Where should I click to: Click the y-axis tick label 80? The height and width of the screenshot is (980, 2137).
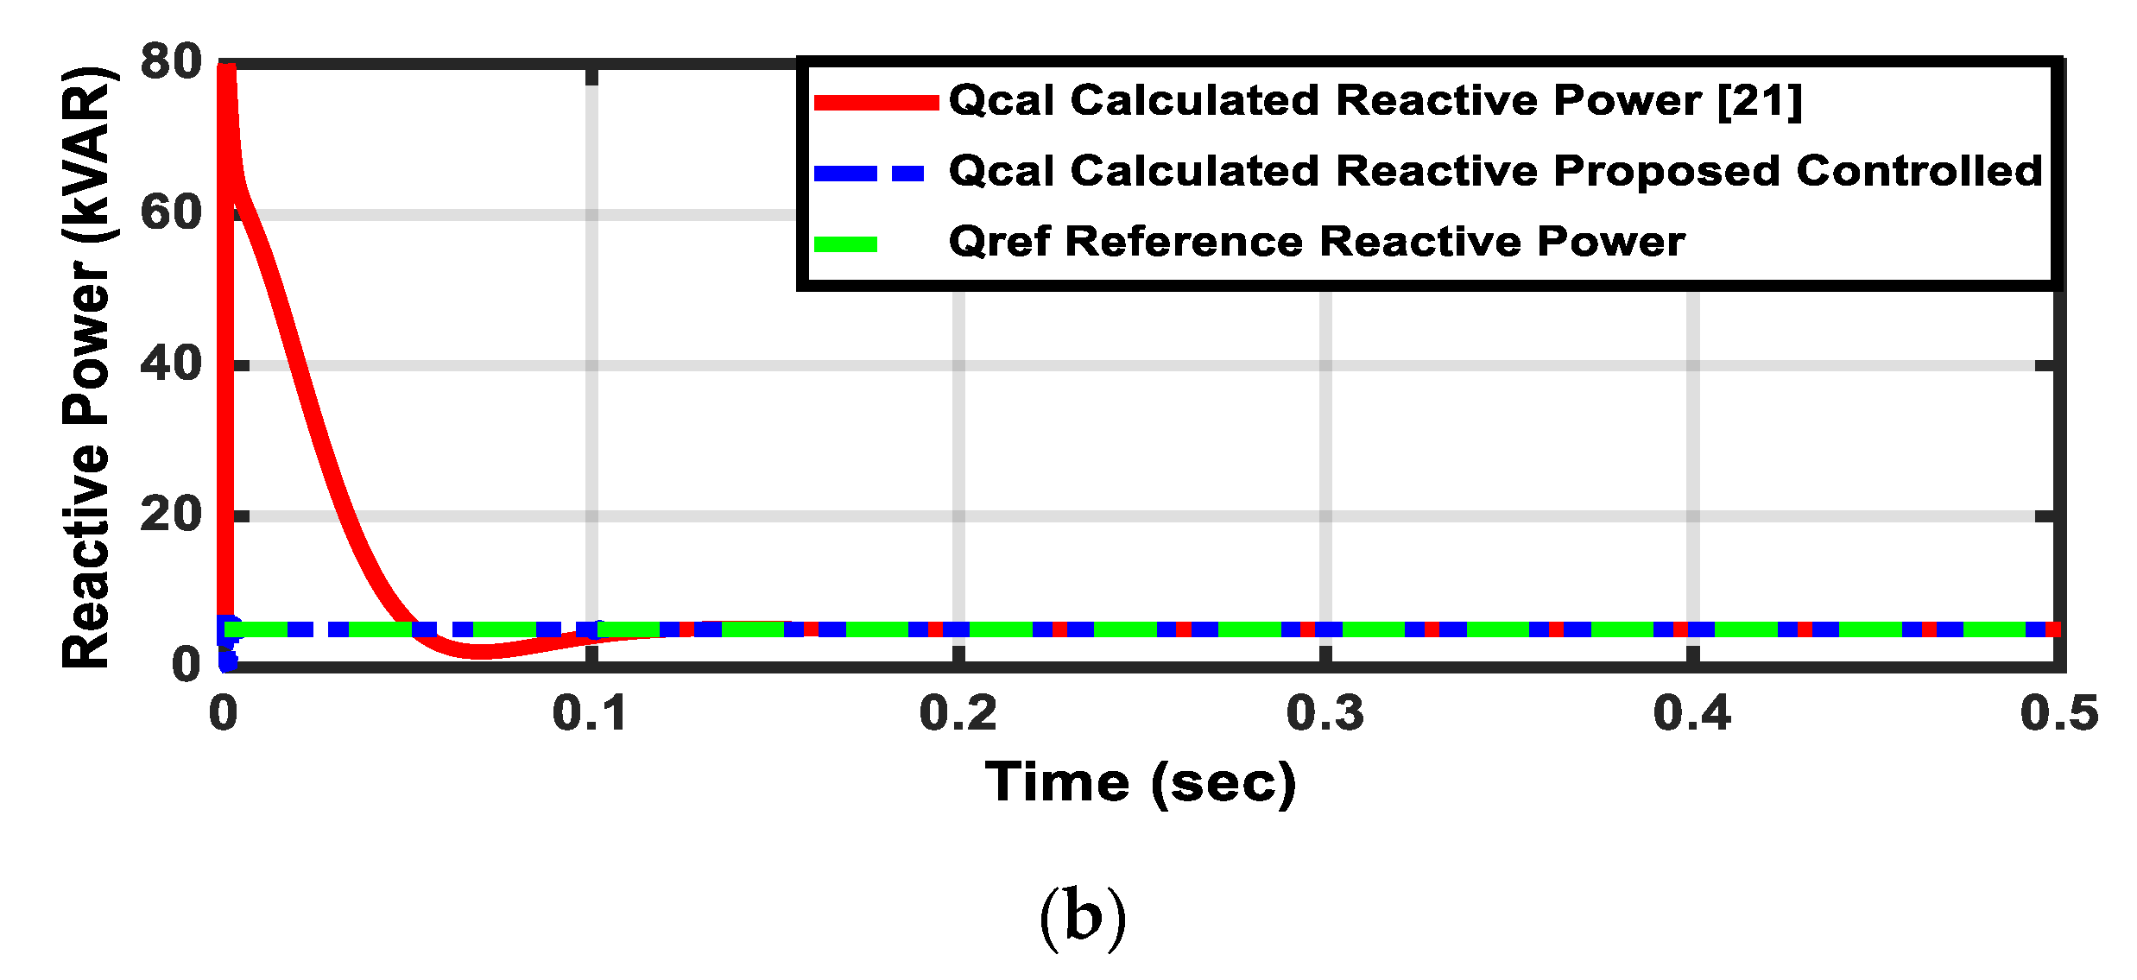(x=171, y=62)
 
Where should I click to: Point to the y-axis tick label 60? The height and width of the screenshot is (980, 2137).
(x=171, y=212)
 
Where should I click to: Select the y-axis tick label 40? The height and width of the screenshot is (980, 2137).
(x=171, y=364)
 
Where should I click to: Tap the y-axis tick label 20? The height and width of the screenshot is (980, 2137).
(x=171, y=515)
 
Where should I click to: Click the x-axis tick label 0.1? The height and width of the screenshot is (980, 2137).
(x=591, y=714)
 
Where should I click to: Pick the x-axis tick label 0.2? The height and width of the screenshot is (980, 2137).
(x=958, y=714)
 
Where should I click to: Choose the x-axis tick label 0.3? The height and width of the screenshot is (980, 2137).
(x=1325, y=714)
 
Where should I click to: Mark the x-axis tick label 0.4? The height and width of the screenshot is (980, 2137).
(x=1691, y=714)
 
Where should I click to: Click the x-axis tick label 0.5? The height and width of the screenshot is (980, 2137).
(x=2058, y=714)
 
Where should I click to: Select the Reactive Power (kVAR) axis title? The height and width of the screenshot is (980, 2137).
(x=86, y=367)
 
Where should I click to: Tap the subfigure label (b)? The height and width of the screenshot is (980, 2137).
(x=1083, y=917)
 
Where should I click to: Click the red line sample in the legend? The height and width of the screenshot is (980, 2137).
(x=876, y=103)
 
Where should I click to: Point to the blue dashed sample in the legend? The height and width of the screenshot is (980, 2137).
(x=869, y=174)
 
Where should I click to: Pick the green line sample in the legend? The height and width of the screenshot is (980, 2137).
(x=846, y=244)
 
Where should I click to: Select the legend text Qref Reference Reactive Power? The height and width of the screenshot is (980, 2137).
(x=1316, y=242)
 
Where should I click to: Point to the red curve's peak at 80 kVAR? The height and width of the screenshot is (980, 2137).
(x=226, y=69)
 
